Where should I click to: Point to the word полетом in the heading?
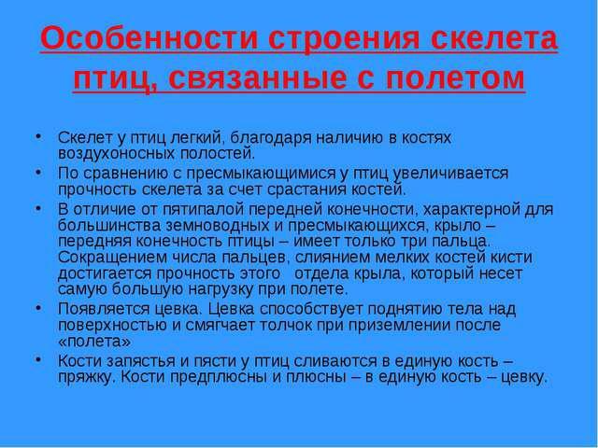[x=455, y=78]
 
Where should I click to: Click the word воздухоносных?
[x=116, y=153]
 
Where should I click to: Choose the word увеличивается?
[x=450, y=174]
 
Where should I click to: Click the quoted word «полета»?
[x=94, y=342]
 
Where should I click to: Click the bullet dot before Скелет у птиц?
[x=37, y=135]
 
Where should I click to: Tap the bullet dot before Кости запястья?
[x=37, y=358]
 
